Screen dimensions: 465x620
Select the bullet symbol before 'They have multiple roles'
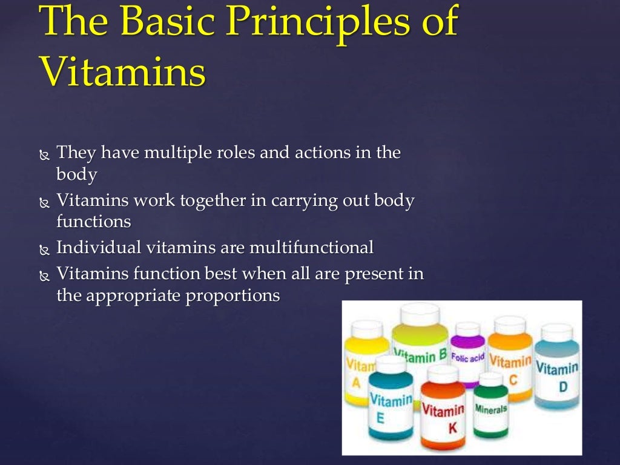(x=44, y=155)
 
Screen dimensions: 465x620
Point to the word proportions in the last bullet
(x=237, y=295)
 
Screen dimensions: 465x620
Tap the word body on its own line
(x=76, y=175)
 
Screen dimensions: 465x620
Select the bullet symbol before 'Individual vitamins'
(x=44, y=249)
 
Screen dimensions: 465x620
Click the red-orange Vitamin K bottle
(x=443, y=415)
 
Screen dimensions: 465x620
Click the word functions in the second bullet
(x=94, y=222)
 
